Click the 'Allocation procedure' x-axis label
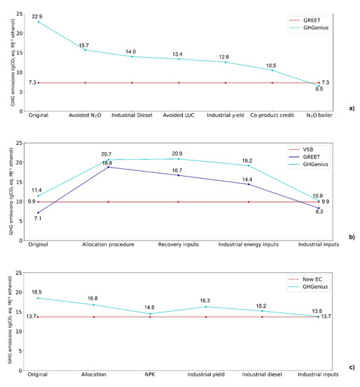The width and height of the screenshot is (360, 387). pyautogui.click(x=108, y=245)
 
